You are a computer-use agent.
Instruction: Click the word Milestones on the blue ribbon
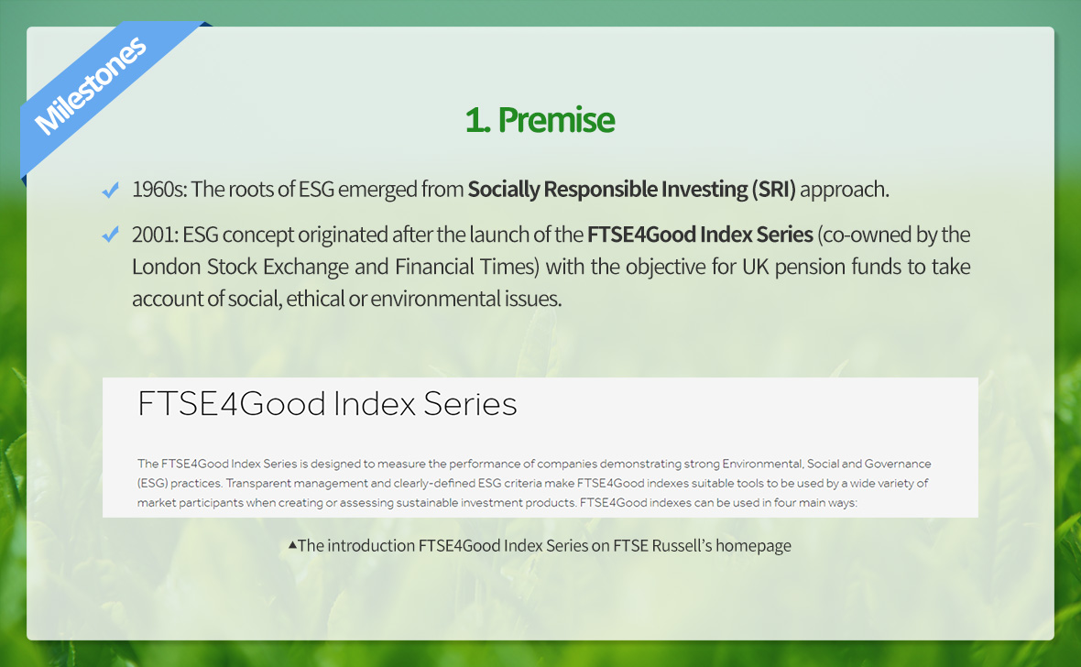pos(91,85)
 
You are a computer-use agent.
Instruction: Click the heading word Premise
pos(556,120)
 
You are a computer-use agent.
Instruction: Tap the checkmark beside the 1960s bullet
pos(110,190)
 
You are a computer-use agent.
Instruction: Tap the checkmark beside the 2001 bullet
pos(110,235)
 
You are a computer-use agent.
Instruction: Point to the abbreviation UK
pos(755,267)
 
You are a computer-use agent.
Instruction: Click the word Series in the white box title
pos(470,404)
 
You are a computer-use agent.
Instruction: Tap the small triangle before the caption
pos(292,545)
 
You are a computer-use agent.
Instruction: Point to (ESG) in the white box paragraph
pos(152,484)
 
